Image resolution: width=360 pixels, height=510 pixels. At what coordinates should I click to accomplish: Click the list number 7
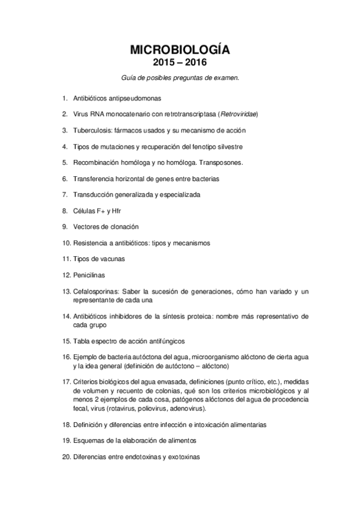pos(64,195)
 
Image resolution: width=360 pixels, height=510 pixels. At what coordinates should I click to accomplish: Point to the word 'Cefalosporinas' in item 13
pos(97,292)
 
